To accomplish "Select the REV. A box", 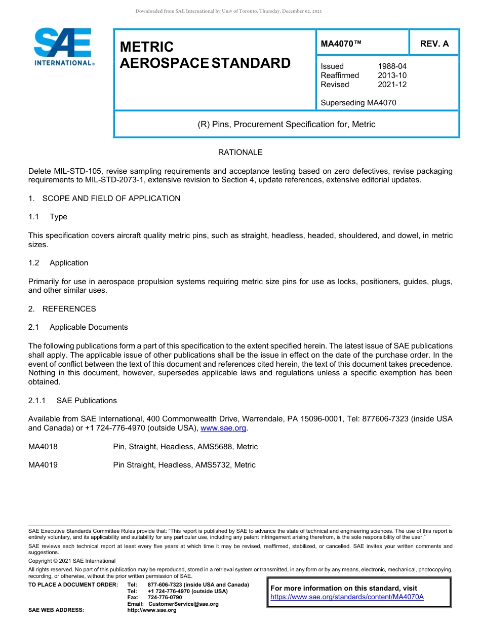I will (434, 44).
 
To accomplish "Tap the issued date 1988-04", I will (392, 66).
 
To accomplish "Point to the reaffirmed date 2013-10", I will (392, 75).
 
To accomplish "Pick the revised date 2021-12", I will (392, 85).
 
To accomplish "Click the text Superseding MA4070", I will (358, 103).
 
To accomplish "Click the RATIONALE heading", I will (240, 152).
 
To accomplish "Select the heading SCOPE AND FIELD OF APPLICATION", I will (111, 199).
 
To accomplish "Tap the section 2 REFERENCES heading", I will (69, 309).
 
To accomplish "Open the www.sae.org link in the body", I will (223, 429).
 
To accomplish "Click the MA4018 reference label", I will (43, 447).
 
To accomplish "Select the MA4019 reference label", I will (43, 465).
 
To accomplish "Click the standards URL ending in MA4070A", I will (347, 597).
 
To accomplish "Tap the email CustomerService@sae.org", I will (183, 604).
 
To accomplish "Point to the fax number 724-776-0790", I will (165, 598).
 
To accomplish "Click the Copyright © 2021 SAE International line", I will (72, 561).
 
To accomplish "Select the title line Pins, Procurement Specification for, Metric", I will (286, 125).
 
